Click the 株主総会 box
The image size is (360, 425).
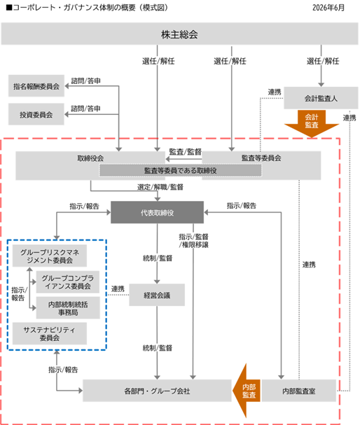point(180,34)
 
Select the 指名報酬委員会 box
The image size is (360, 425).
point(36,86)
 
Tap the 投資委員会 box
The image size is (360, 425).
point(36,114)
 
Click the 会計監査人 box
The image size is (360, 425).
point(321,98)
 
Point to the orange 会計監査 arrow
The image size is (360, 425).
point(312,123)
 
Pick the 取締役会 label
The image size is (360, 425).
point(90,158)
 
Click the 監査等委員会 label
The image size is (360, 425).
point(261,158)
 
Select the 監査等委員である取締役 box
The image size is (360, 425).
point(181,170)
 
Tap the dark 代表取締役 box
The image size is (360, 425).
point(157,213)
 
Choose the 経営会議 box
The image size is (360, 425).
point(157,295)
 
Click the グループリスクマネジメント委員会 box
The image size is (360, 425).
point(50,256)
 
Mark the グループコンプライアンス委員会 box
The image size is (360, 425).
point(68,282)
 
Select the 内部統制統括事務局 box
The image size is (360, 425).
point(68,308)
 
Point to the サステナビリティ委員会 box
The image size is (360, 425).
point(50,334)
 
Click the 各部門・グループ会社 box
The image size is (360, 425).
point(157,391)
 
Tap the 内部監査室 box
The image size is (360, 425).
point(299,391)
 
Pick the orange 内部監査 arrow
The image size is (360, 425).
point(246,391)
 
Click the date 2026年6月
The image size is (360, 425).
point(328,7)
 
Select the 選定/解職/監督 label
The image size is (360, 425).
point(160,187)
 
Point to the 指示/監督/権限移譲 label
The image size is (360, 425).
point(193,241)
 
